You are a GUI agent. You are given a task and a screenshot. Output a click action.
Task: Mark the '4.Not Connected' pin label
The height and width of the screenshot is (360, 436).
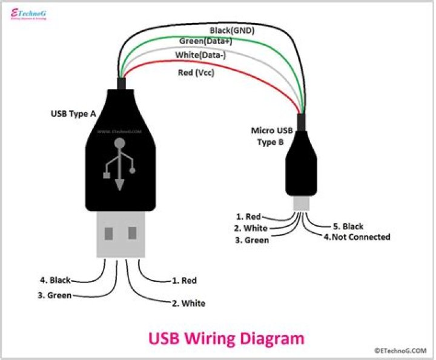click(x=357, y=237)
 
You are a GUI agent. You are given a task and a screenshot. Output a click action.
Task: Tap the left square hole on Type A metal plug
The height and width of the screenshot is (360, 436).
click(x=109, y=234)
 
